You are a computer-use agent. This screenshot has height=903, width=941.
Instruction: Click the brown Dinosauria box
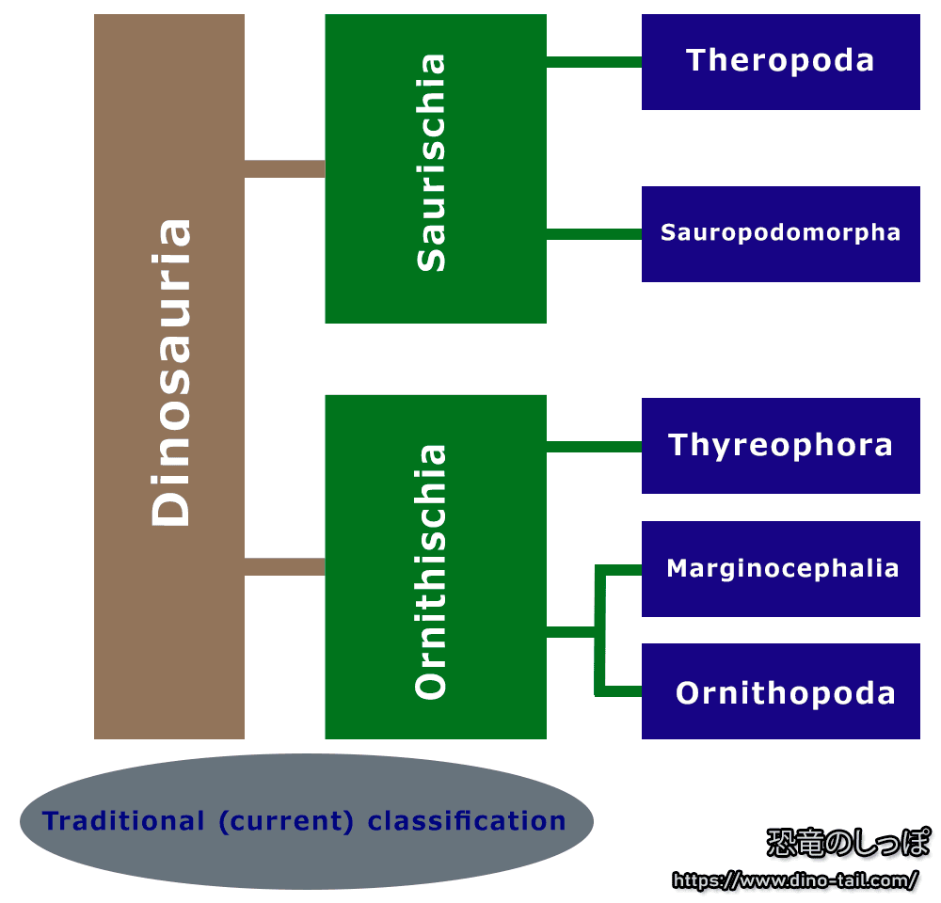coord(169,376)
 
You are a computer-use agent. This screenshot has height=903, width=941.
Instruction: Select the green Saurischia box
coord(435,169)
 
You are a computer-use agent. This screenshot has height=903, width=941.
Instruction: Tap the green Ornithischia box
coord(435,566)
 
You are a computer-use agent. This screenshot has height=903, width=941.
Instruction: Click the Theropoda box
coord(780,62)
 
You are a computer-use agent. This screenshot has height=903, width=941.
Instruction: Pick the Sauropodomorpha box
coord(780,233)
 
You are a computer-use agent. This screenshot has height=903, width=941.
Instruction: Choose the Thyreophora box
coord(780,445)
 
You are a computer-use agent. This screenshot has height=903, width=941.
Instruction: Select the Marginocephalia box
coord(780,569)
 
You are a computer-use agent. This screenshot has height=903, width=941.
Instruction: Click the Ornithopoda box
coord(780,692)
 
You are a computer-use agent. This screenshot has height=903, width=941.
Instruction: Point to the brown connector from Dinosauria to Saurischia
coord(284,169)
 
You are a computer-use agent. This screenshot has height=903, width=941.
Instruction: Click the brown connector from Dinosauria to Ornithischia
coord(284,566)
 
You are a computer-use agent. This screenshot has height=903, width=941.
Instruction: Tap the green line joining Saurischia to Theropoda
coord(594,62)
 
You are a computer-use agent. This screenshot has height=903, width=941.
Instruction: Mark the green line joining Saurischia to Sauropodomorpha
coord(594,233)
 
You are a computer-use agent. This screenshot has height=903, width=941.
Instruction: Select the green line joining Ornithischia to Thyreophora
coord(594,447)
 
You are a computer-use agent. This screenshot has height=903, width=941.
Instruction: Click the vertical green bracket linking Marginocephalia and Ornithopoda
coord(599,630)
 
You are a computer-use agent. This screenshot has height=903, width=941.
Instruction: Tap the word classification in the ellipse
coord(467,821)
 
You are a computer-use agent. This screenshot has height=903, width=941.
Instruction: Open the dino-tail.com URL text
coord(796,881)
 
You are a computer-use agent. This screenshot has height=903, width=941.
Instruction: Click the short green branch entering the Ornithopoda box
coord(623,692)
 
